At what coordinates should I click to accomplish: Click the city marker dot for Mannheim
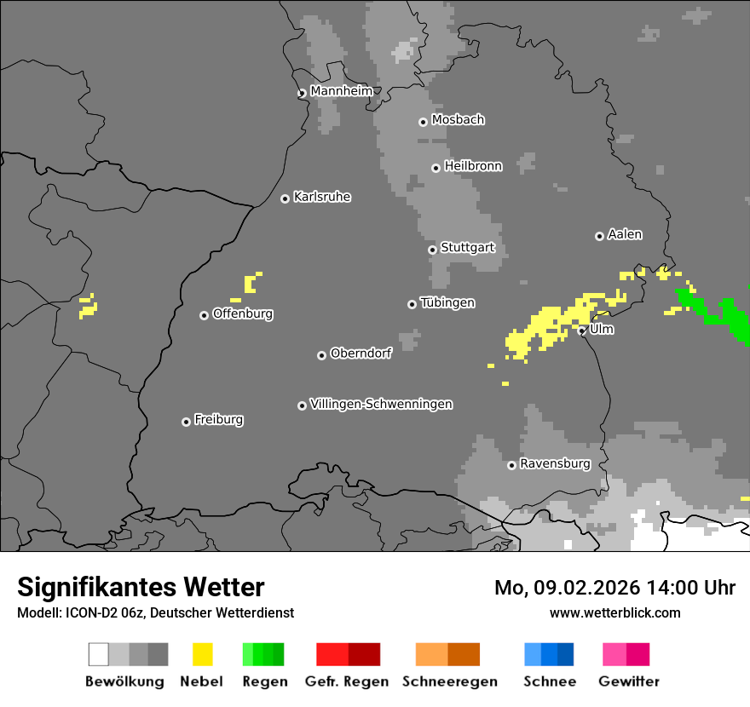click(302, 94)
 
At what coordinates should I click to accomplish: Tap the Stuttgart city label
click(468, 248)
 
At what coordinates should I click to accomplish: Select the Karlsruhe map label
click(322, 197)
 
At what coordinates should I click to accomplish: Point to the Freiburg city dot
click(186, 422)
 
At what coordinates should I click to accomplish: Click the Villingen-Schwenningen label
click(381, 404)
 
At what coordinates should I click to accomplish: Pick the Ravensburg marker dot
click(511, 465)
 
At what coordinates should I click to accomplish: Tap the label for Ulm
click(602, 329)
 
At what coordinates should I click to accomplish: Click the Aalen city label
click(625, 234)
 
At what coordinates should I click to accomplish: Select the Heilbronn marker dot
click(436, 168)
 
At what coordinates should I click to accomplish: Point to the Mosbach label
click(458, 120)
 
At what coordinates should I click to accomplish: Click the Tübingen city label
click(447, 302)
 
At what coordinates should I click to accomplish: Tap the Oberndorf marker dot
click(321, 355)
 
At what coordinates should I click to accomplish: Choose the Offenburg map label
click(243, 313)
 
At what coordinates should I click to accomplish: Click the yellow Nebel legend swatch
click(203, 654)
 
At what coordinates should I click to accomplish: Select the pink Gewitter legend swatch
click(614, 654)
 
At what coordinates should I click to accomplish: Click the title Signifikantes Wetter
click(141, 587)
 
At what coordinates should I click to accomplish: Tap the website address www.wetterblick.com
click(614, 612)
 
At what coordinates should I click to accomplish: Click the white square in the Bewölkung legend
click(99, 654)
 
